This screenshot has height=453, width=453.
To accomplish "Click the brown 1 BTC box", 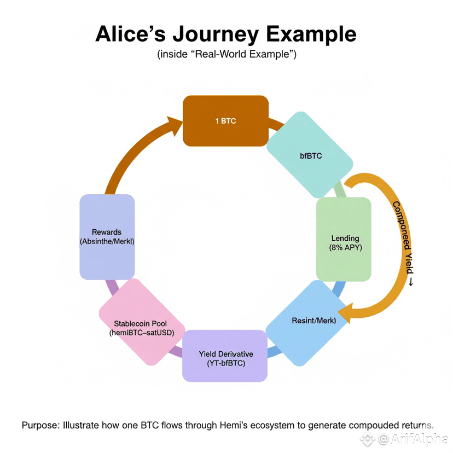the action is pos(225,121).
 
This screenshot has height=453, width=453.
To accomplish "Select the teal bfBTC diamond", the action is pos(310,155).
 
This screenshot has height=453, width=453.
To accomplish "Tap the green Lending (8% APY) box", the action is pos(344,239).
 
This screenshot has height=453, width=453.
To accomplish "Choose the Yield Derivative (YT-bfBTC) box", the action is pos(225,356).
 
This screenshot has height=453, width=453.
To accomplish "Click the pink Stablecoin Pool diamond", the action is pos(142,322).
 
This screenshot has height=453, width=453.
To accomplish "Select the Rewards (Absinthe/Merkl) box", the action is pos(107,237).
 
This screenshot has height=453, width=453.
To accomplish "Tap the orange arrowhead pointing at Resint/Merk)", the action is pos(345,313).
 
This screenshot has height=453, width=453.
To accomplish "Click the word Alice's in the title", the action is pos(130,34).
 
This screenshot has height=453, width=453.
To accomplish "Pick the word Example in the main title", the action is pos(311,34).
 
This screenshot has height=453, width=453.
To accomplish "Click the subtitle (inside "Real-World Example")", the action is pos(227,54).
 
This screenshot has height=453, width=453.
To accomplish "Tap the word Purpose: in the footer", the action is pos(41,425).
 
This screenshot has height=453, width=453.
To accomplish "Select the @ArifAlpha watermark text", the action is pos(413,439).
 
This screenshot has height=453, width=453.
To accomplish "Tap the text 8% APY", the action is pos(346,248).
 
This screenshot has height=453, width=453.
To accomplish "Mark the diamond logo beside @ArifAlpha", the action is pos(368,439).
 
